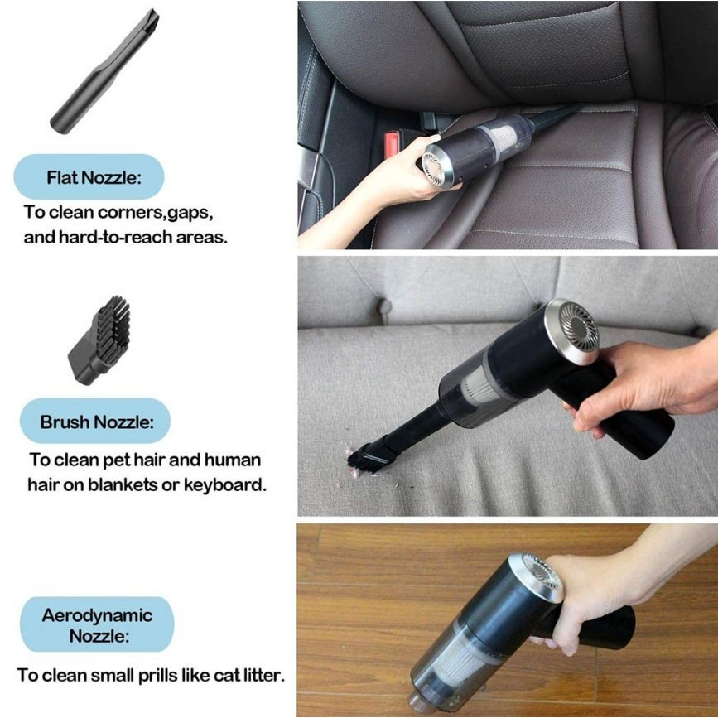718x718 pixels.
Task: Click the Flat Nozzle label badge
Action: (x=89, y=176)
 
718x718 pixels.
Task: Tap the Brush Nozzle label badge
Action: (x=95, y=421)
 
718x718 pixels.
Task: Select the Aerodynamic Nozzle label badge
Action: (x=97, y=624)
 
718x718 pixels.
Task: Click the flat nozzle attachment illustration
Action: (x=104, y=72)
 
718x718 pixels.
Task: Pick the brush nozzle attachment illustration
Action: (x=99, y=340)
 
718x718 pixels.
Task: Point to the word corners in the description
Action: (x=131, y=213)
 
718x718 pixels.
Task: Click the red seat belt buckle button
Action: (x=393, y=143)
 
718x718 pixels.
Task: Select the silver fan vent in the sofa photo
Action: (x=573, y=331)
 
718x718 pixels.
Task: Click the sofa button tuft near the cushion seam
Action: (x=383, y=306)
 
